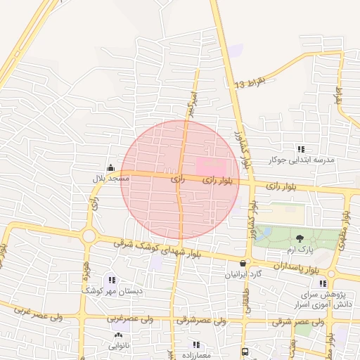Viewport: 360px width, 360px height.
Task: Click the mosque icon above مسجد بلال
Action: [x=111, y=167]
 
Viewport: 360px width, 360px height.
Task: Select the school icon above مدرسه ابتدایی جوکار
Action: [x=301, y=148]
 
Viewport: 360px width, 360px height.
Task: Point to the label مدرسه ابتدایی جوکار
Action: [x=303, y=160]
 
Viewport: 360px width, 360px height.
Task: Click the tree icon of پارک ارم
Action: [x=300, y=239]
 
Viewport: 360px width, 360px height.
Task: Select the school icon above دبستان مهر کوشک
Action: [x=112, y=280]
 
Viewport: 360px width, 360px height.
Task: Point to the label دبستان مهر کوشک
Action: [x=112, y=291]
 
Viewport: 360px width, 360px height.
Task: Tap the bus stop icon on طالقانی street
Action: [x=244, y=351]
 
